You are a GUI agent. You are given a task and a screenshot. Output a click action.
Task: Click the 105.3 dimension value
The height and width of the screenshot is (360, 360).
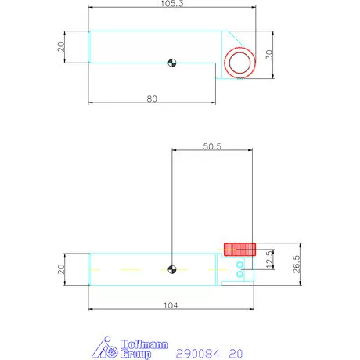click(x=172, y=4)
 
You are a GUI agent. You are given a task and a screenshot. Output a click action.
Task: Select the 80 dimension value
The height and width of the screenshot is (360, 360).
click(x=152, y=99)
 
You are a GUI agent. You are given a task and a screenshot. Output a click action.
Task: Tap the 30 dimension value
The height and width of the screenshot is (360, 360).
click(x=269, y=55)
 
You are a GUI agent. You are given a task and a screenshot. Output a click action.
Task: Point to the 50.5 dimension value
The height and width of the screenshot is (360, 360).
click(x=212, y=146)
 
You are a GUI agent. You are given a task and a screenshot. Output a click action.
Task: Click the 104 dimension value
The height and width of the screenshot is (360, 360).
click(x=171, y=305)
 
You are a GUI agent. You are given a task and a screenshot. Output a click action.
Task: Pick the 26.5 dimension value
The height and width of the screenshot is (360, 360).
click(x=297, y=264)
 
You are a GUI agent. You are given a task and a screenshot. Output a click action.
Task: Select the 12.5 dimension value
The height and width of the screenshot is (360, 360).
click(x=269, y=260)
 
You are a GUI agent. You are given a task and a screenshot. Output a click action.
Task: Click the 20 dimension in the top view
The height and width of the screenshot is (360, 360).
click(x=61, y=47)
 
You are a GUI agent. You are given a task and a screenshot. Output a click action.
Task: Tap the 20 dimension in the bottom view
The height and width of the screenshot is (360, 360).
click(x=61, y=269)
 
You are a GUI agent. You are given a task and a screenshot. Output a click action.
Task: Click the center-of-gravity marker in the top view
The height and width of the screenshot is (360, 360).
click(x=172, y=63)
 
